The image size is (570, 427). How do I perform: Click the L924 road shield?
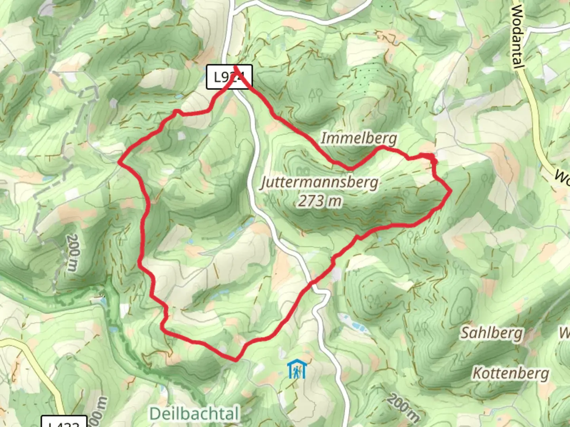[229, 77]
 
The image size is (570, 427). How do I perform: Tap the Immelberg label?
[358, 138]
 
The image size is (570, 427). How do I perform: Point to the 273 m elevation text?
[320, 201]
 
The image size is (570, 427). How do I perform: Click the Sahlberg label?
[491, 333]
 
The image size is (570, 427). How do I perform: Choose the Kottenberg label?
[511, 373]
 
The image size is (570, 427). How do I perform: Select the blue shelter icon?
[296, 369]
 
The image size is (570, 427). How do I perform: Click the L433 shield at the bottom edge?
[64, 423]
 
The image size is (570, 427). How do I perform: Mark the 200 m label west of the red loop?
[72, 252]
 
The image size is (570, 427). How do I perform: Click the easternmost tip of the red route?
[451, 192]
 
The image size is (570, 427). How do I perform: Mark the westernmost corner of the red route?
[120, 161]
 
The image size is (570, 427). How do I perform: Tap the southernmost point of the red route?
[236, 360]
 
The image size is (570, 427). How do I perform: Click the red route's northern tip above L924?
[236, 67]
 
